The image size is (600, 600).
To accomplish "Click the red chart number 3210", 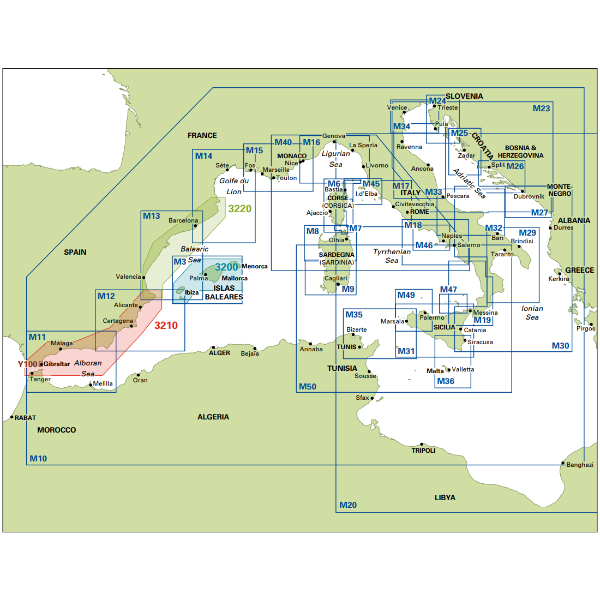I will coord(166,326).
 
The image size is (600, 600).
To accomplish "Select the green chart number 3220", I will coord(240,209).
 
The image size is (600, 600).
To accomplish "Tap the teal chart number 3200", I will coord(226,267).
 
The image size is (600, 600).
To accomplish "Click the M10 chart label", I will coord(38,458).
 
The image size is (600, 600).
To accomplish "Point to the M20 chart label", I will coord(348,505).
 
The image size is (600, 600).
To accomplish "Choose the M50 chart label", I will coord(307,387).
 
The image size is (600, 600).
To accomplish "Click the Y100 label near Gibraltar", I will coord(27,364).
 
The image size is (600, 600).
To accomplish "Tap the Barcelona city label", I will coord(183,220).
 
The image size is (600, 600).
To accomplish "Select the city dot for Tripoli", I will coord(422,444).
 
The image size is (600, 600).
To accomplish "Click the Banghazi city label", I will coord(580,465).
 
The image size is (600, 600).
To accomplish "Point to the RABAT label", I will coord(25,418).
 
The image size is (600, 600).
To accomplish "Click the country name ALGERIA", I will coord(213,417).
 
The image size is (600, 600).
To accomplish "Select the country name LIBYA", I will coord(445,497).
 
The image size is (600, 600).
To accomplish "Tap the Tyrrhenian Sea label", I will coord(392,256).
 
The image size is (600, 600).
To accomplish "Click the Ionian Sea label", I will coord(532,313).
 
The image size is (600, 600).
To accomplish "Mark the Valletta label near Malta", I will coord(463,369).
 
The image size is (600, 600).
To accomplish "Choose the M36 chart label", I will coord(446,381).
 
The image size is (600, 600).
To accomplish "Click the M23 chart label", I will coord(541,109).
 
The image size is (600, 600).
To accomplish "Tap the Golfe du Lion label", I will coord(234,186).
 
